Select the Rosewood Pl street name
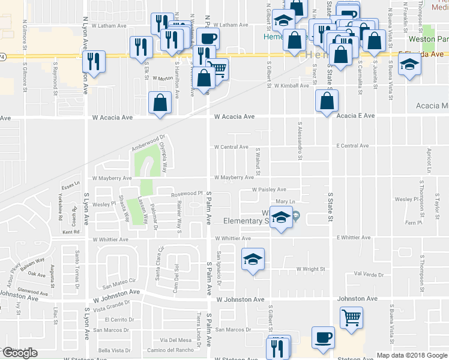pyautogui.click(x=186, y=194)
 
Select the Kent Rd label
pyautogui.click(x=70, y=232)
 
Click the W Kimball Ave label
pyautogui.click(x=291, y=86)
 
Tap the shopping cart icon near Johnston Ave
pyautogui.click(x=351, y=316)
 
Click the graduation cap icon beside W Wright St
pyautogui.click(x=253, y=259)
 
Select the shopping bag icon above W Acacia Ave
pyautogui.click(x=160, y=102)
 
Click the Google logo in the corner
pyautogui.click(x=20, y=353)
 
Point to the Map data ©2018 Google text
pyautogui.click(x=411, y=355)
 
